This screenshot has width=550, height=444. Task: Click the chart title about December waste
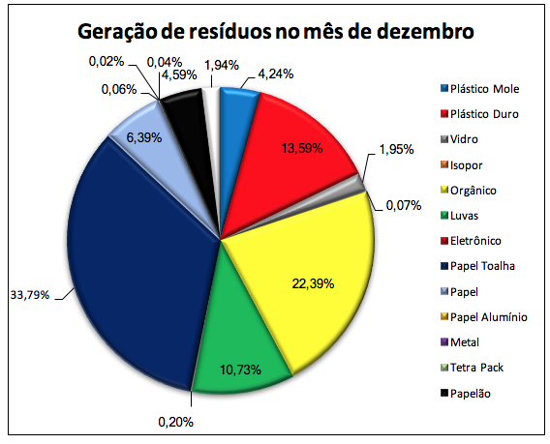point(276,32)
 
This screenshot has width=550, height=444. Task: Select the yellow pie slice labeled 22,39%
point(309,281)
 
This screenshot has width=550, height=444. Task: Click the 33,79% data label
point(30,295)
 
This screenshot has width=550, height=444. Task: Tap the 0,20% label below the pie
point(175,423)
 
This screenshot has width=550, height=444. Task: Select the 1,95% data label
point(396,150)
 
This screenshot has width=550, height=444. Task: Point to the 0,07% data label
point(404,205)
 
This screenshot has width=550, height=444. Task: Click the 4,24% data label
point(276,74)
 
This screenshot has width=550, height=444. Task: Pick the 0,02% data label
point(107,62)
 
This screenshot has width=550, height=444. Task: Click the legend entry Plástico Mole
point(480,89)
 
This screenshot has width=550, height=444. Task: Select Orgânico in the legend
point(469,191)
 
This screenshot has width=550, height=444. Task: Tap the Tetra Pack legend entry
point(473,368)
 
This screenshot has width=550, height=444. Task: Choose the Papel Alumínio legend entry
point(484,317)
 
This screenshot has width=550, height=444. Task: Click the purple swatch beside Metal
point(444,342)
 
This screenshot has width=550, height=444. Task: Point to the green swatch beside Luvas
point(444,215)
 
